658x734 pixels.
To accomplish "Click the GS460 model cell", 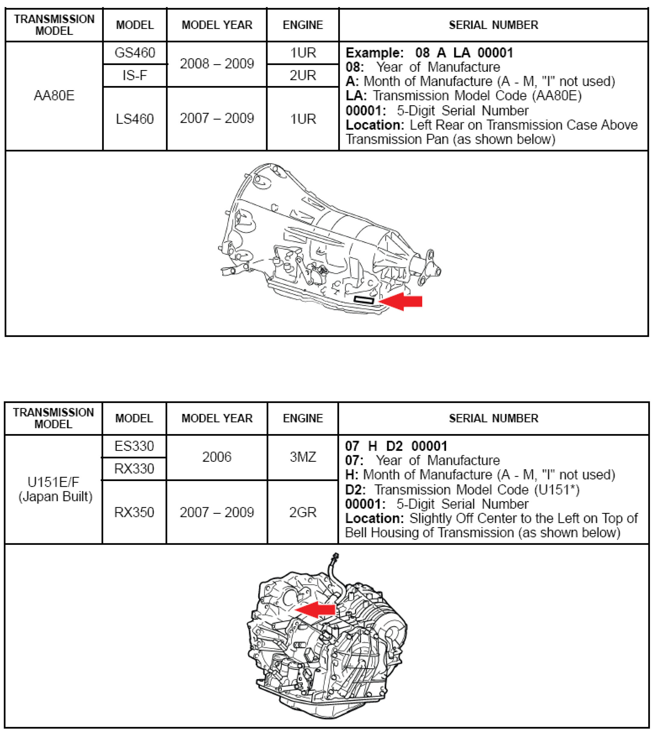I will [x=134, y=53].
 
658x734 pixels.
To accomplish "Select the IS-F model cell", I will [x=134, y=75].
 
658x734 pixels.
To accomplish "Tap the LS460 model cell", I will [x=134, y=119].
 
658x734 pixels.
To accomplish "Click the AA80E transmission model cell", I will [x=54, y=96].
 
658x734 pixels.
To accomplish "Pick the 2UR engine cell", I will [x=303, y=75].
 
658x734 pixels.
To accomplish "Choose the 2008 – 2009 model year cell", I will [x=217, y=64].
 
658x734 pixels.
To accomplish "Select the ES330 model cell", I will [x=134, y=446].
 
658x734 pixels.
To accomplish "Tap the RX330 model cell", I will [x=134, y=469].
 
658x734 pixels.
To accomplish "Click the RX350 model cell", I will [x=134, y=512].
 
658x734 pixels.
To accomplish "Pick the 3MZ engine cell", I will [x=303, y=457].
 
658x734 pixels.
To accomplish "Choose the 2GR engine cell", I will [x=303, y=512].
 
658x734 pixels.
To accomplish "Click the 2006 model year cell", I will [x=217, y=457].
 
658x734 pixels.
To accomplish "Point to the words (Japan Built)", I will [x=55, y=496].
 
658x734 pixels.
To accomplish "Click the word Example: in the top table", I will [x=374, y=53].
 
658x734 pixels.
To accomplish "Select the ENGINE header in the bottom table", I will [x=303, y=418].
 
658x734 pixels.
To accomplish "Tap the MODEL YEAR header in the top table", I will [x=217, y=25].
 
